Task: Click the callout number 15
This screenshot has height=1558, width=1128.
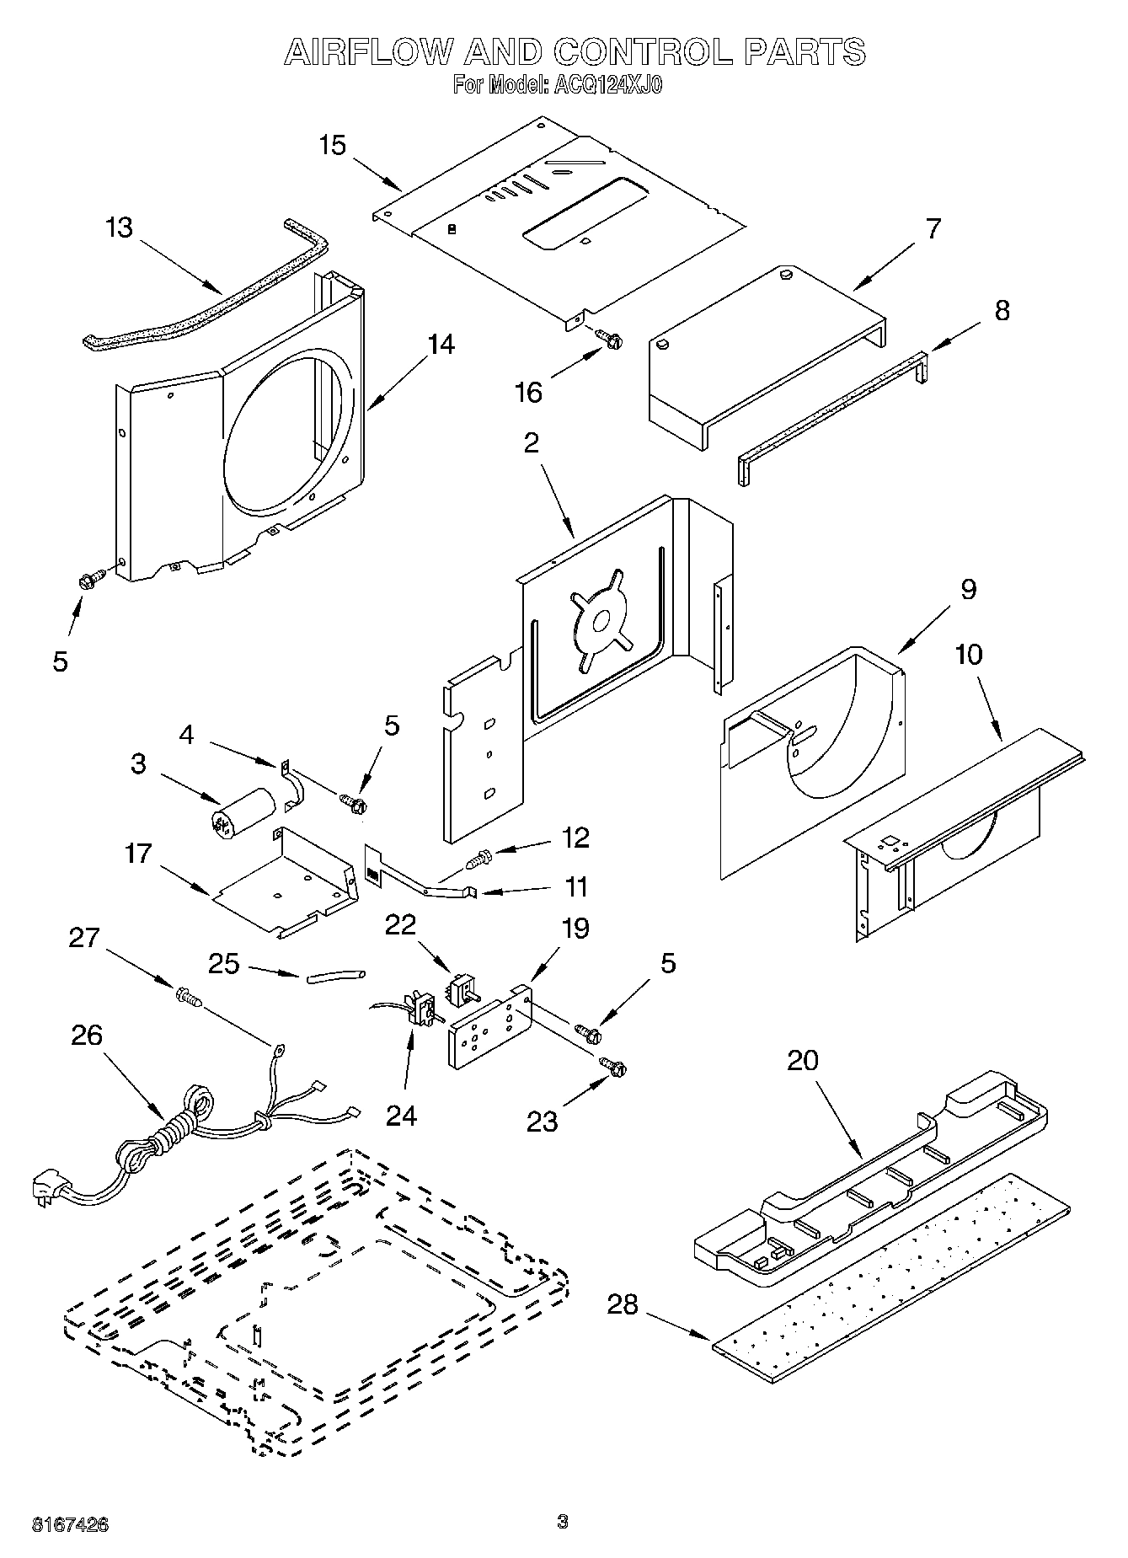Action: tap(333, 145)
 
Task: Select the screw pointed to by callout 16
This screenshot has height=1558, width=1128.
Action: tap(610, 339)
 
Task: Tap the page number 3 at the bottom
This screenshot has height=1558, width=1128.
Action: tap(563, 1521)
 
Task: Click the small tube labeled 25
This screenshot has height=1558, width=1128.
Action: tap(336, 976)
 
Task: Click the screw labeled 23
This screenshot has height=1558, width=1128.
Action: tap(613, 1067)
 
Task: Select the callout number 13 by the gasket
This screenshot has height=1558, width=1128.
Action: tap(120, 228)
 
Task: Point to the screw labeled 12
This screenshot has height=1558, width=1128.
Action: tap(478, 860)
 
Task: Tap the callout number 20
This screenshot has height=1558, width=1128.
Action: tap(802, 1061)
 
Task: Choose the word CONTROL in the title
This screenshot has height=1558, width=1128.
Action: tap(643, 52)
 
